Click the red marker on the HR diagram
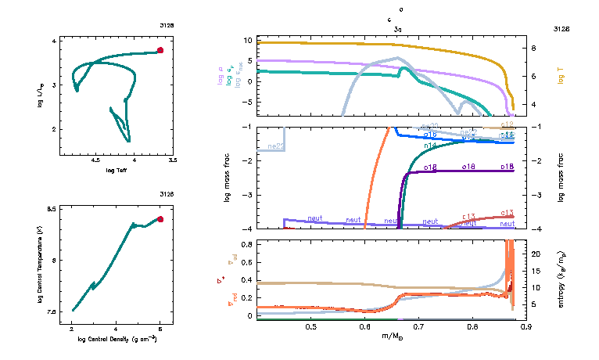(x=160, y=50)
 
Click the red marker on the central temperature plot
(x=160, y=219)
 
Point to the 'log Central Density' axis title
(x=117, y=339)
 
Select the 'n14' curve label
(x=429, y=146)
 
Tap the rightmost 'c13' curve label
(x=506, y=213)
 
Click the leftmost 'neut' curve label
(x=315, y=219)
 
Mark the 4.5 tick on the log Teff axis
(x=97, y=160)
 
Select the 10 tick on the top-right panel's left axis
(x=247, y=40)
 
